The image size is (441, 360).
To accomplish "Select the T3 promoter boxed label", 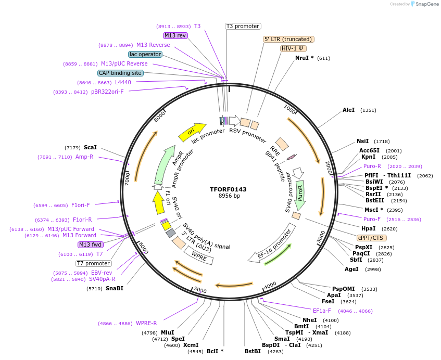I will click(x=243, y=26).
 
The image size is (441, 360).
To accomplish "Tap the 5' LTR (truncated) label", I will click(x=288, y=39).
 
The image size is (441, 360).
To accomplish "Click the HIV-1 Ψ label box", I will click(x=294, y=48).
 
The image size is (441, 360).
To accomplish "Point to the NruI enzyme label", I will click(x=304, y=58).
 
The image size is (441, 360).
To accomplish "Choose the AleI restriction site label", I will click(x=348, y=110).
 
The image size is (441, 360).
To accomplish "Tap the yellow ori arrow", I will click(x=191, y=133).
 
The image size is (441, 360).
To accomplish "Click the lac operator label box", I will click(x=145, y=54).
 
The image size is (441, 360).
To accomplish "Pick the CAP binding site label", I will click(x=120, y=73).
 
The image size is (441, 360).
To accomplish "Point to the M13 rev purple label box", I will click(x=175, y=35).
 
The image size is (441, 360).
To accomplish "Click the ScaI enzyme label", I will click(x=90, y=148).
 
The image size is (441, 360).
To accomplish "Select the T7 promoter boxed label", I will click(x=93, y=263).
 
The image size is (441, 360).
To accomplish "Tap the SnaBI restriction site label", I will click(x=114, y=288).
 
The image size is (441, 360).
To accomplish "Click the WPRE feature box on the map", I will click(x=199, y=255).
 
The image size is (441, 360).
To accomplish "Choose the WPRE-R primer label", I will click(x=146, y=323).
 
